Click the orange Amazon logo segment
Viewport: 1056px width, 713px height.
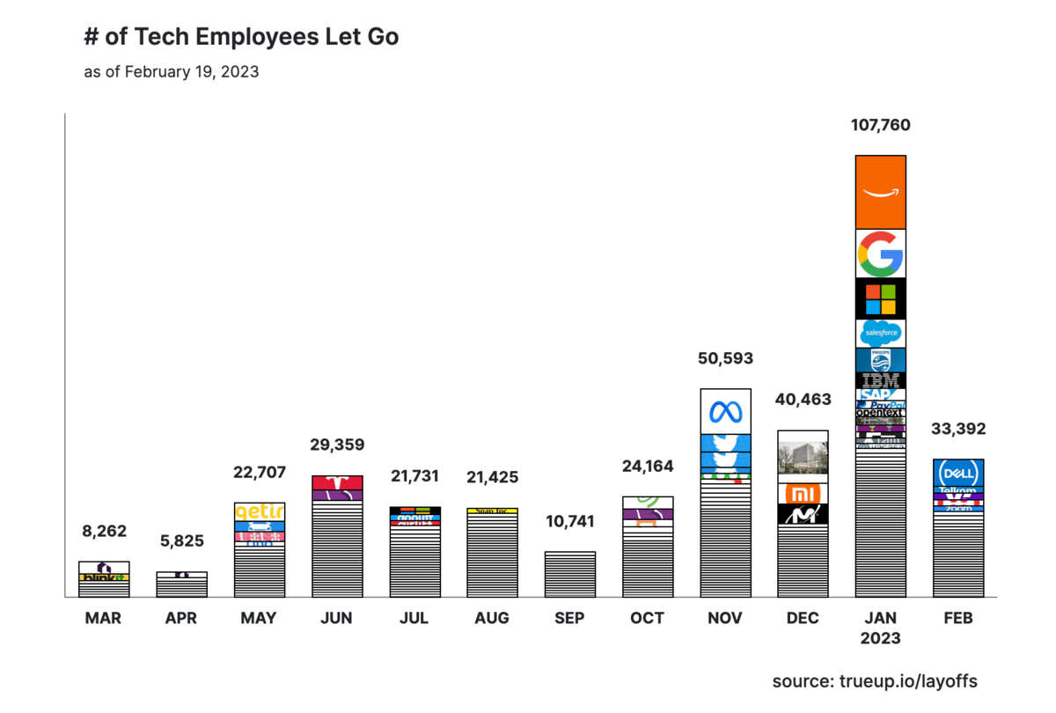[x=880, y=192]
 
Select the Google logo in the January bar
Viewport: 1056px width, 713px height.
[x=880, y=254]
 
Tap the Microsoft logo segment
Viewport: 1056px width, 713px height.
[x=880, y=298]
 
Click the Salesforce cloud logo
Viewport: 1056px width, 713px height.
[x=880, y=333]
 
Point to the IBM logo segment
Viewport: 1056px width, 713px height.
[x=880, y=380]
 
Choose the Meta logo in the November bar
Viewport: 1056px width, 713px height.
[x=726, y=411]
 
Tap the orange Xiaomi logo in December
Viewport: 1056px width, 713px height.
[x=803, y=493]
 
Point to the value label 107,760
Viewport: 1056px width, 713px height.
[x=880, y=125]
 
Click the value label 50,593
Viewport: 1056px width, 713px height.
[x=726, y=358]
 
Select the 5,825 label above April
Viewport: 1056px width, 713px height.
[x=182, y=541]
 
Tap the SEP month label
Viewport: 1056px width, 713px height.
[x=569, y=618]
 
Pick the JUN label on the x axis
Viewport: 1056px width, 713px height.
[x=337, y=618]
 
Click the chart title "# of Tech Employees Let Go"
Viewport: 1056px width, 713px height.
[x=241, y=37]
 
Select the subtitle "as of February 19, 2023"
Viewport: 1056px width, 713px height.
[x=171, y=72]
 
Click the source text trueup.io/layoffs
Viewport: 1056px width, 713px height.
[x=875, y=681]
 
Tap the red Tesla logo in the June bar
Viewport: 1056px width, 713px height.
[x=337, y=482]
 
